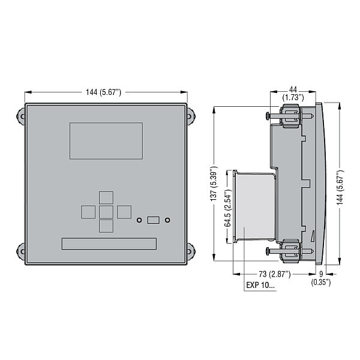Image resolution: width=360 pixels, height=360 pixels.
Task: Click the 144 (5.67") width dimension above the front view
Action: coord(103,92)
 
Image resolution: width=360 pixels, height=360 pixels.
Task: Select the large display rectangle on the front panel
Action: coord(106,141)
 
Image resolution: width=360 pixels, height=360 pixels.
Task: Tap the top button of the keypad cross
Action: coord(106,197)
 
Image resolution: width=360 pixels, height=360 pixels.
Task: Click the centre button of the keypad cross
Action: coord(106,212)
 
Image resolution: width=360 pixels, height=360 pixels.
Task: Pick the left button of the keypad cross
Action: coord(88,212)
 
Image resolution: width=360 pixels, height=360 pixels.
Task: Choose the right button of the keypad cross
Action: coord(124,212)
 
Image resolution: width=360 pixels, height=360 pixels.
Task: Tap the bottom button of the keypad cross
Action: coord(106,226)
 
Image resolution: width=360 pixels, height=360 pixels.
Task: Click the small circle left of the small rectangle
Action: coord(139,220)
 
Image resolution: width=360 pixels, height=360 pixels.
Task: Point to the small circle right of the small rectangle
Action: coord(167,220)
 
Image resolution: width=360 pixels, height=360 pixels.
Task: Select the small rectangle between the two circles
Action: coord(154,220)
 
